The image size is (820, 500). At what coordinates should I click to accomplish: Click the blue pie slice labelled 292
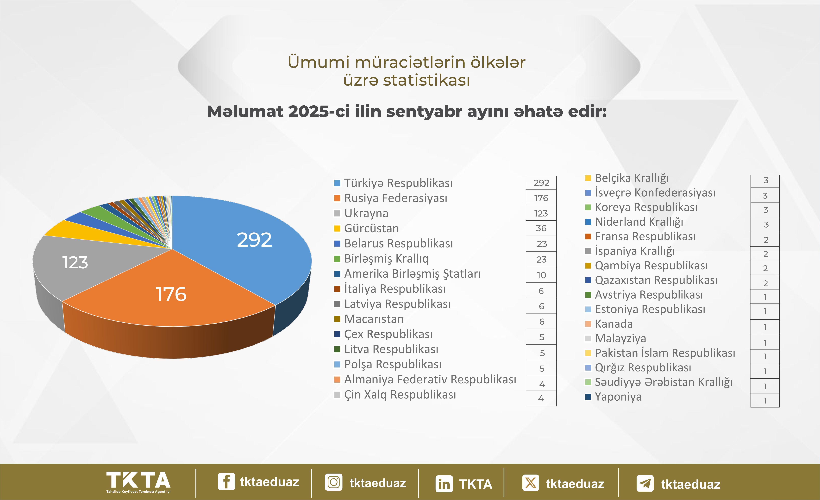246,246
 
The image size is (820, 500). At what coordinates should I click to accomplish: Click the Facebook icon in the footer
226,482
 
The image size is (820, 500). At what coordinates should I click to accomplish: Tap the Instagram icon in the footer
333,482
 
